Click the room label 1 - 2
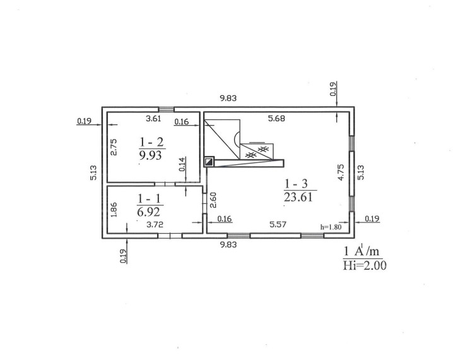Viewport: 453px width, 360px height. coord(151,142)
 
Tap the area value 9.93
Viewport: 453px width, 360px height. coord(151,155)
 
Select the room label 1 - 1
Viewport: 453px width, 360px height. coord(150,199)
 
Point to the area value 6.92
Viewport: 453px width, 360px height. coord(148,212)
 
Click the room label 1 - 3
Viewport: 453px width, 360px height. coord(297,184)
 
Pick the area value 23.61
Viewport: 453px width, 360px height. coord(298,197)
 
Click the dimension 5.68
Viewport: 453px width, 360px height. coord(276,118)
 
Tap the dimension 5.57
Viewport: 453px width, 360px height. coord(278,224)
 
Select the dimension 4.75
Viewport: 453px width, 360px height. coord(341,172)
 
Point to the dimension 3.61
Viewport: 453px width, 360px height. coord(153,118)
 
